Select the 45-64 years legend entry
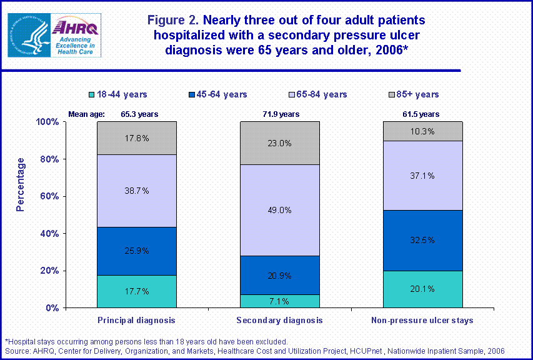(219, 94)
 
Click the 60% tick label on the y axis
(49, 196)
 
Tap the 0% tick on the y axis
(52, 308)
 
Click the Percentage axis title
(21, 184)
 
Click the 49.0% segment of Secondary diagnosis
(280, 210)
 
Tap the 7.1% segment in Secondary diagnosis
(280, 301)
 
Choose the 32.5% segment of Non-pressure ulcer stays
(422, 240)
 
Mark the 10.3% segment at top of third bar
(422, 131)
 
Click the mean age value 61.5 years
(422, 114)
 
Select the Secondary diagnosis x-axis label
(280, 320)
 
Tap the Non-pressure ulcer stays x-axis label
(422, 320)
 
